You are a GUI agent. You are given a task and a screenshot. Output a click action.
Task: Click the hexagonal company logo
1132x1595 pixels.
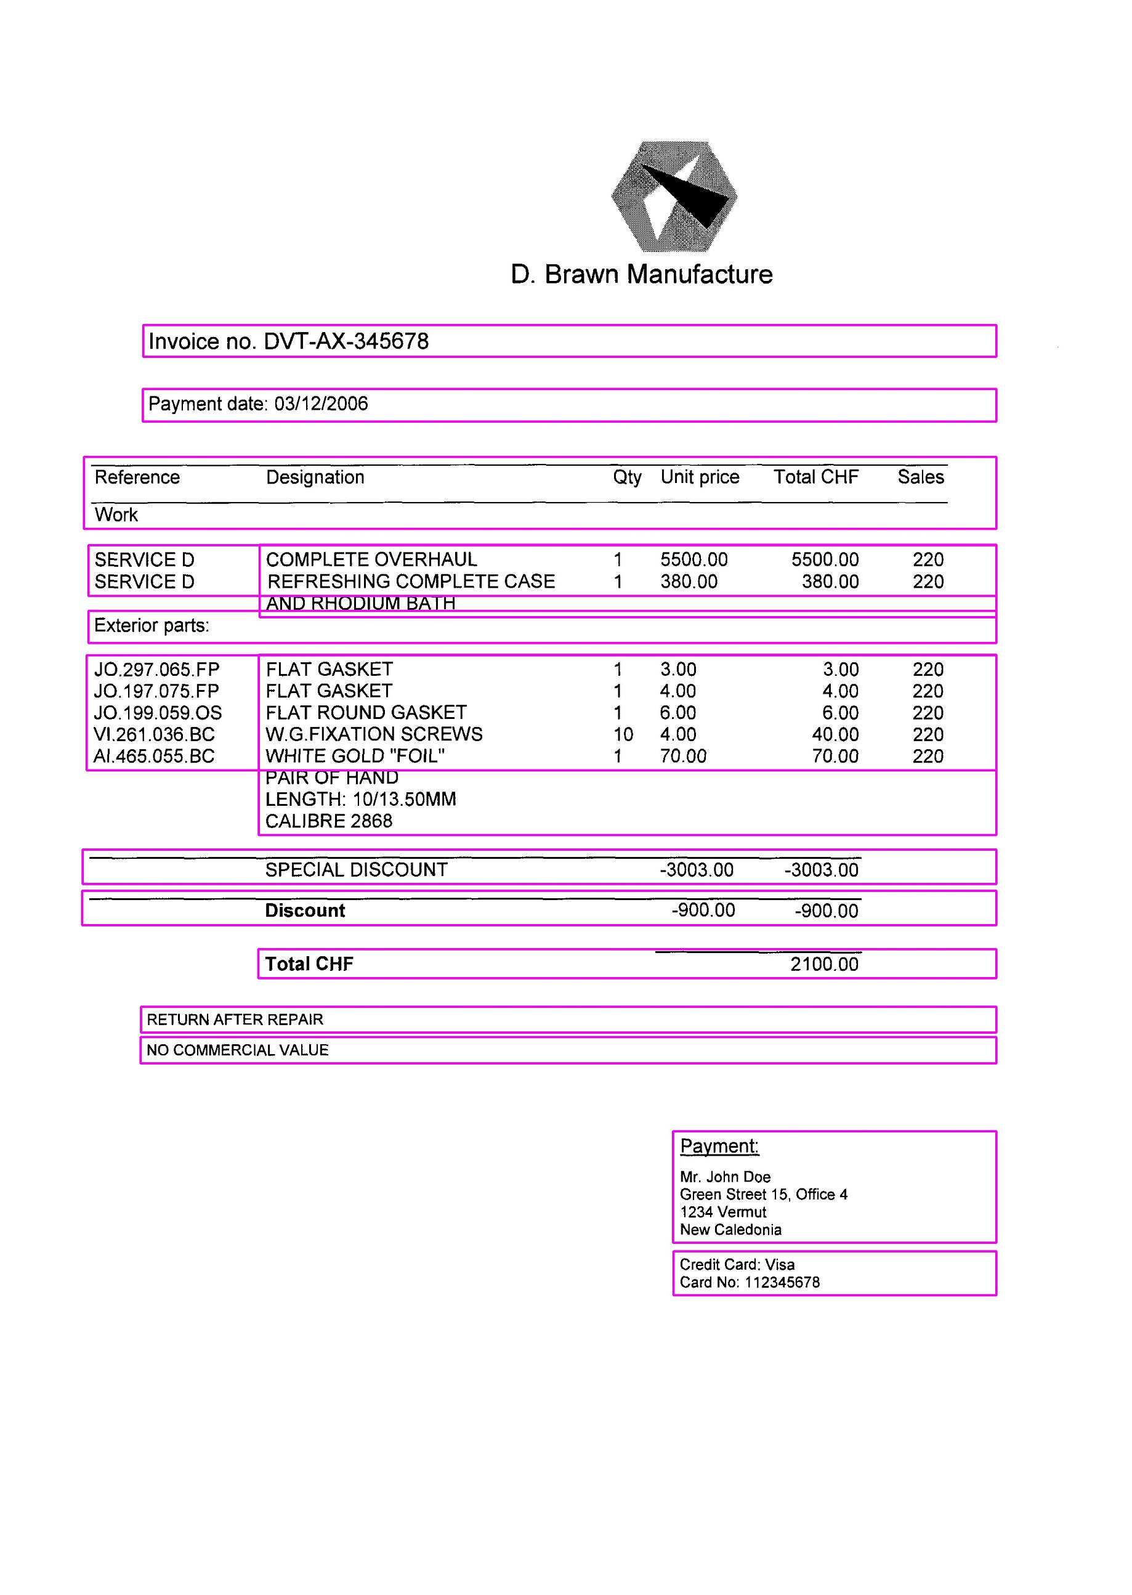click(x=674, y=197)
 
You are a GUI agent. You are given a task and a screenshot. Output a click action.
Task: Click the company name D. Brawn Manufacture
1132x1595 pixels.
click(x=641, y=274)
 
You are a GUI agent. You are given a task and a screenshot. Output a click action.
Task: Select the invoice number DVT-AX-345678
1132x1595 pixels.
click(x=346, y=341)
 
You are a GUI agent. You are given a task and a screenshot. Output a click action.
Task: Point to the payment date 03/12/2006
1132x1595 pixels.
click(x=321, y=404)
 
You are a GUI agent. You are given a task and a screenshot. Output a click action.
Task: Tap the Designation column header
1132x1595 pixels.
click(x=315, y=477)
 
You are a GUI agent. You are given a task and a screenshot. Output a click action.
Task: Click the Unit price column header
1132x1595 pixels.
click(x=700, y=477)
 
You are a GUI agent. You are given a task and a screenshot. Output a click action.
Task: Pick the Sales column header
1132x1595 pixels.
click(x=920, y=477)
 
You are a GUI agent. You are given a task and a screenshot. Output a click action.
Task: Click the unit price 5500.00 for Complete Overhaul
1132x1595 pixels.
click(x=693, y=559)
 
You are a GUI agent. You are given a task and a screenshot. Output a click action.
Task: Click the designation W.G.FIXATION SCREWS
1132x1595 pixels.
click(x=374, y=734)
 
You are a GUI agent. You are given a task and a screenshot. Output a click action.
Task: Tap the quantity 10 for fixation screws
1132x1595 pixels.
click(x=623, y=734)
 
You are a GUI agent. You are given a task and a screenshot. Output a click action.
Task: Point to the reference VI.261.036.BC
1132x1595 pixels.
click(x=154, y=734)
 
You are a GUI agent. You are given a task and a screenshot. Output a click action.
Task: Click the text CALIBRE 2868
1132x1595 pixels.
click(x=328, y=821)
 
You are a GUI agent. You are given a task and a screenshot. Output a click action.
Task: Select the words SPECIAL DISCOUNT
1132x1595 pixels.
click(x=356, y=869)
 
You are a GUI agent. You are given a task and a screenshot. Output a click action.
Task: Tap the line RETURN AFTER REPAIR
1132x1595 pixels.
click(x=235, y=1019)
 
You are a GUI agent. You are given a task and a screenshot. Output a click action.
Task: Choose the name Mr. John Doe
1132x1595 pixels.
click(x=725, y=1177)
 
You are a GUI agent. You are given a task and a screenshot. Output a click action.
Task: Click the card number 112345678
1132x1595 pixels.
click(x=782, y=1282)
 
